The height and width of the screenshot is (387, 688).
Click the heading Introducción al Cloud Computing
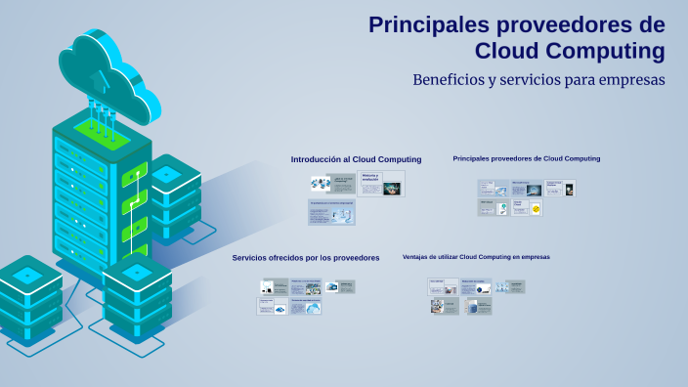click(x=356, y=159)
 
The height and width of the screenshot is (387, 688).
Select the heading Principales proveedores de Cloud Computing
click(x=526, y=158)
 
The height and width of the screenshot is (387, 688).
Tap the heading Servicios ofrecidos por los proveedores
click(x=305, y=258)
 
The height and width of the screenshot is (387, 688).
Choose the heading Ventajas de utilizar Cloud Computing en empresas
click(x=476, y=257)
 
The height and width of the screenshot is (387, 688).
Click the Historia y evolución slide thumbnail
click(x=381, y=184)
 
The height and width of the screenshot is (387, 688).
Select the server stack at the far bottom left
click(x=29, y=293)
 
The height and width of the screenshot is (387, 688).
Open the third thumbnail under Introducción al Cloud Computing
click(x=331, y=212)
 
